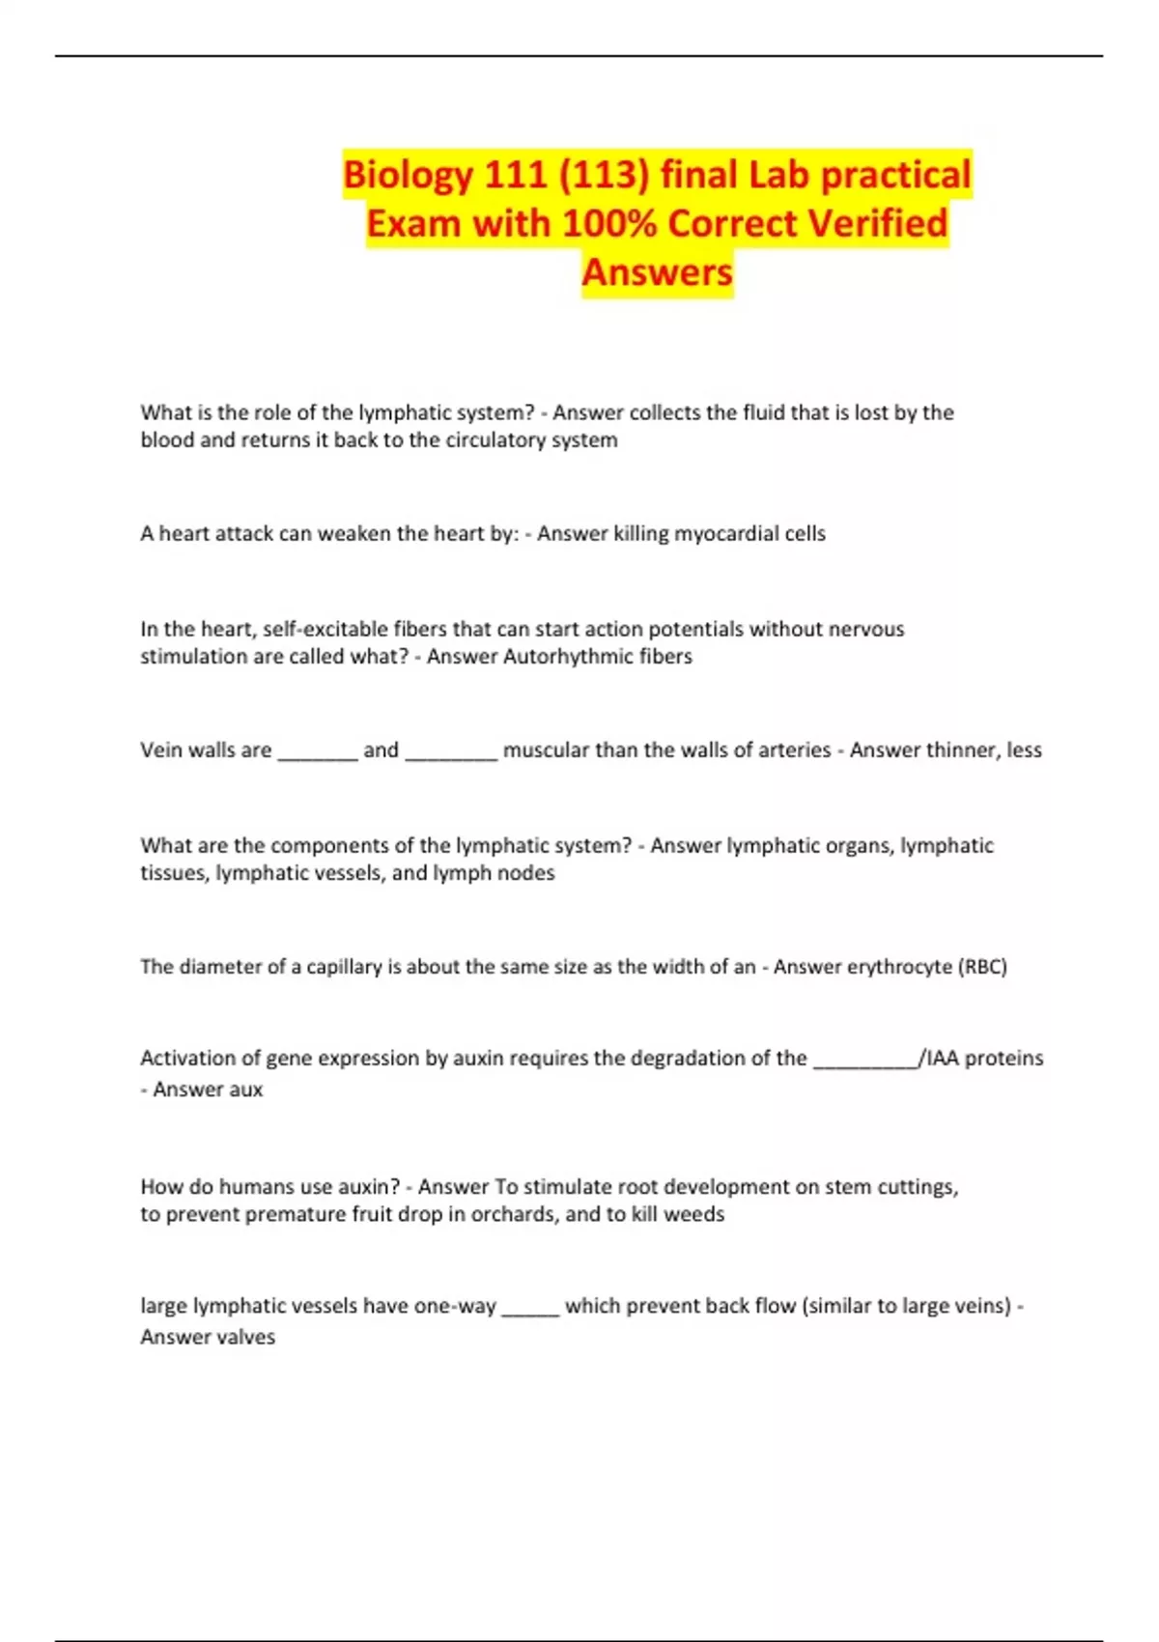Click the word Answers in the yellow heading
click(657, 272)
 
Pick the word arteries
click(791, 750)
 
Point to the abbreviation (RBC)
click(982, 967)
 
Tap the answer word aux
click(246, 1090)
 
